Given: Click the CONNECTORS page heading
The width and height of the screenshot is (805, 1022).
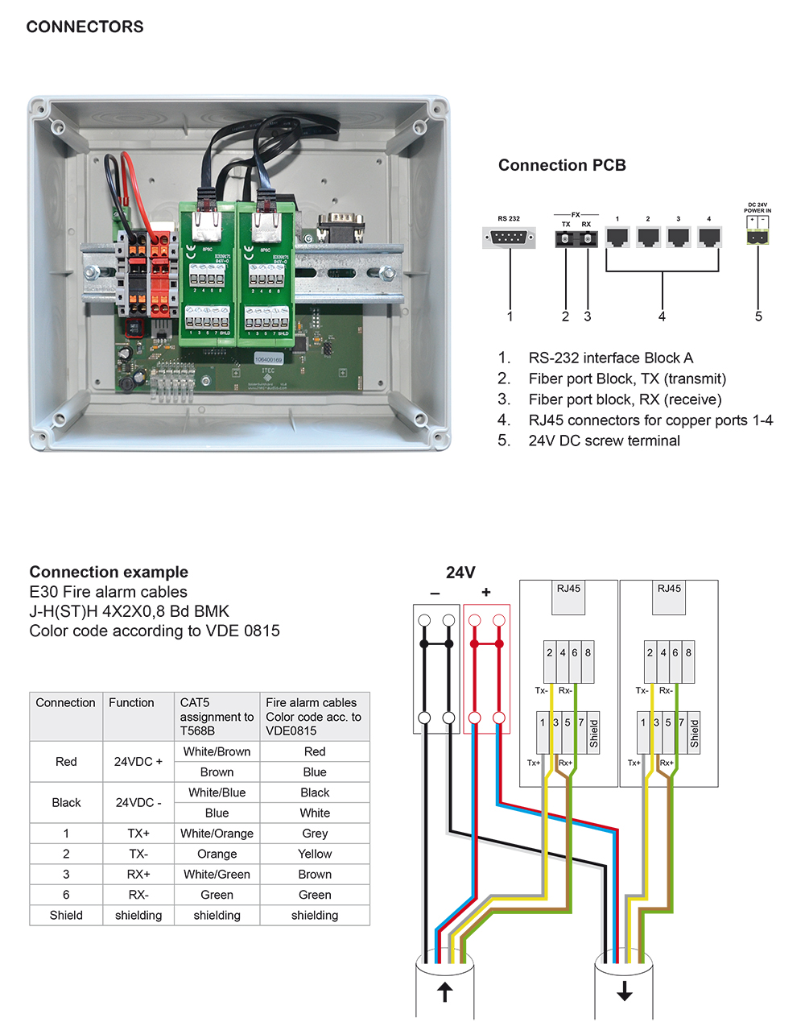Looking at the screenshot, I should [85, 27].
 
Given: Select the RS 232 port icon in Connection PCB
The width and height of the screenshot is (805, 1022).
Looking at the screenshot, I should [509, 238].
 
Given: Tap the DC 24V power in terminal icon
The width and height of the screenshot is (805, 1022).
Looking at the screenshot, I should [758, 236].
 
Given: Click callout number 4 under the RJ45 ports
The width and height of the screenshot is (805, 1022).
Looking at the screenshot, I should [662, 317].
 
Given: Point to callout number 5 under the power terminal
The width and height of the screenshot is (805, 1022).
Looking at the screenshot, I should [758, 317].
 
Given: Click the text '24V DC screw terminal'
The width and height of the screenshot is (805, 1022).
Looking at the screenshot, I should [604, 441].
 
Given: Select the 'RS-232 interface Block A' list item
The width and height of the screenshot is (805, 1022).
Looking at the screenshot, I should [610, 358].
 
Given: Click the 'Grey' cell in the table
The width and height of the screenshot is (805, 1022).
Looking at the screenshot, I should [315, 834].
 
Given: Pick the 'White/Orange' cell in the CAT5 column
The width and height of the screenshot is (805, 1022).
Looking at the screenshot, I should [217, 834].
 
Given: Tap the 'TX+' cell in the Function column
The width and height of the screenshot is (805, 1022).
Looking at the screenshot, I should [138, 834].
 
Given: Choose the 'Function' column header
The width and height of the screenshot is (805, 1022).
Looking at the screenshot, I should [131, 702].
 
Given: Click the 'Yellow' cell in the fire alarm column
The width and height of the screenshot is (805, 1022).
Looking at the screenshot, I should [315, 854].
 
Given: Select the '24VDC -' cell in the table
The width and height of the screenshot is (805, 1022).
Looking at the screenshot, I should [138, 803].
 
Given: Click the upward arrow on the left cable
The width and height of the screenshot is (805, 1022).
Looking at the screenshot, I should [444, 991].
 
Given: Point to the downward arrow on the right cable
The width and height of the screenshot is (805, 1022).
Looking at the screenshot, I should [625, 991].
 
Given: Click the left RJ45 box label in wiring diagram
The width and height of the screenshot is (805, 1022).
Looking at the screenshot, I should [568, 589].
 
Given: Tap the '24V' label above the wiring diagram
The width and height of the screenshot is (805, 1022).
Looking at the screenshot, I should [460, 573].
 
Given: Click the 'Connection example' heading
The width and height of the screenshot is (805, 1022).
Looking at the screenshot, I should [109, 572].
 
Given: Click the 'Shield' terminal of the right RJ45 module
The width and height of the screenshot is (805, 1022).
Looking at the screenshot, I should [694, 733].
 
